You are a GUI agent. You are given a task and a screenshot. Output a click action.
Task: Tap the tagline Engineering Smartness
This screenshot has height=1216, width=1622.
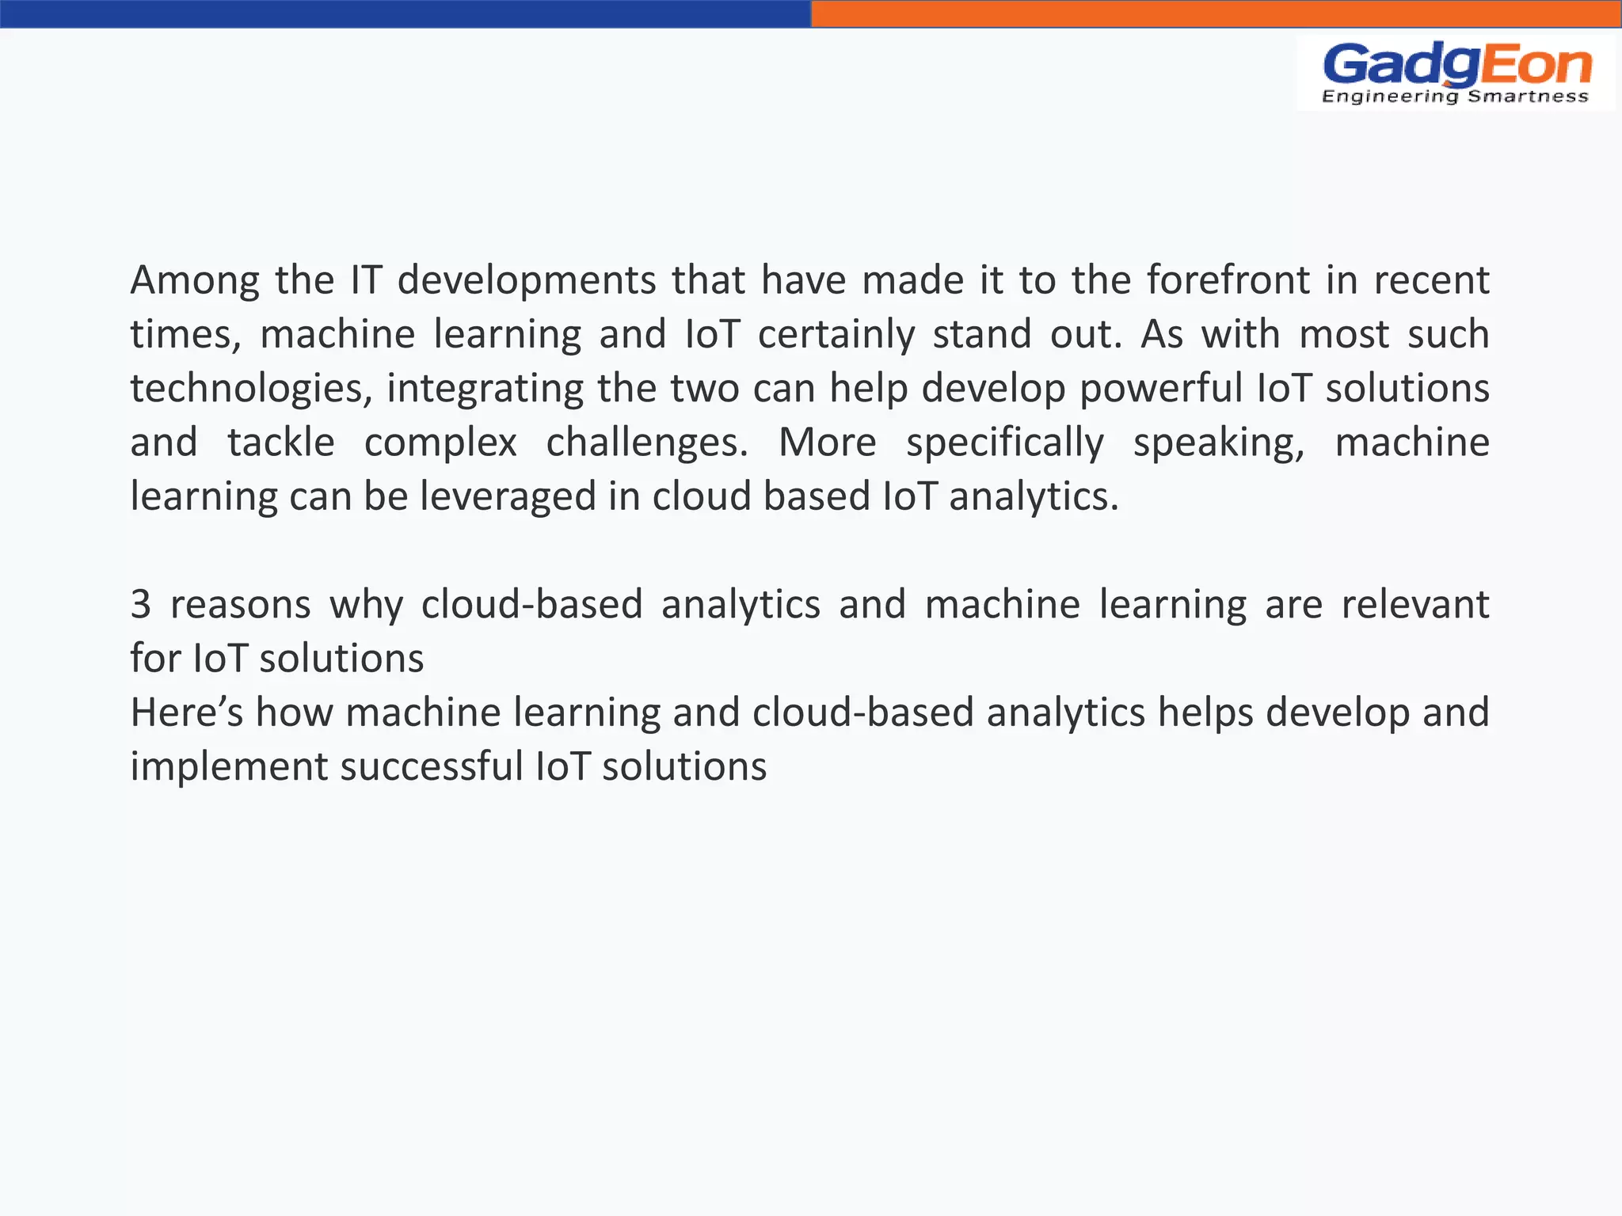point(1456,97)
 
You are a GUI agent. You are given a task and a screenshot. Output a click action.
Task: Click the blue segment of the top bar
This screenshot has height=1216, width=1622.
point(405,13)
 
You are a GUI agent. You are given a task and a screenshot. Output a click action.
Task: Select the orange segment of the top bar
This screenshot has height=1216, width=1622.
point(1216,13)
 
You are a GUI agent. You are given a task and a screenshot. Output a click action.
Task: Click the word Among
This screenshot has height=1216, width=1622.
point(195,280)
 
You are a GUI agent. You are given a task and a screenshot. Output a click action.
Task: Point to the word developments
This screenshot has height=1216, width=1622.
point(527,280)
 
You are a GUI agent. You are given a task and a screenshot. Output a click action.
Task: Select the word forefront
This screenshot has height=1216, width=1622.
point(1228,280)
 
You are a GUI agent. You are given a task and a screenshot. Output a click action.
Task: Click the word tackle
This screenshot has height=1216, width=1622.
point(281,442)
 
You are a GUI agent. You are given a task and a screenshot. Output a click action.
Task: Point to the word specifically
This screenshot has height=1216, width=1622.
point(1005,442)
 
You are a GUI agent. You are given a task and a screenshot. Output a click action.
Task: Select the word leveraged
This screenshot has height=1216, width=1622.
point(508,496)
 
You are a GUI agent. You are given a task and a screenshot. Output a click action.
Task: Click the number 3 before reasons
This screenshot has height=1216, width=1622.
point(141,605)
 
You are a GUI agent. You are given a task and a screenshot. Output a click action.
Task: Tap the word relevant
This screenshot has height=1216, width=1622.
point(1415,605)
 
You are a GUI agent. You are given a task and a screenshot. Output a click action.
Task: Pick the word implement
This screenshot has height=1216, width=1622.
point(229,766)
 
